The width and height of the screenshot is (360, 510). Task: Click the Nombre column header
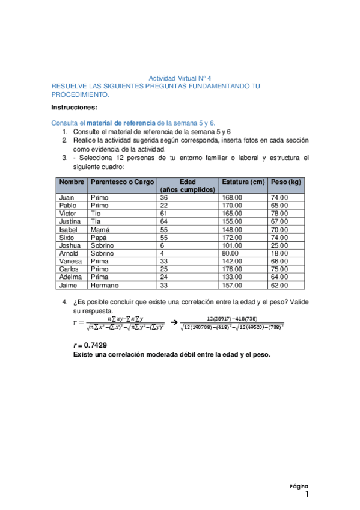pyautogui.click(x=72, y=182)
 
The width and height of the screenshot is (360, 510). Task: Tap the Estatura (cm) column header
pyautogui.click(x=243, y=182)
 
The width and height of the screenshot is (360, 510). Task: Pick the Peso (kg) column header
pyautogui.click(x=286, y=182)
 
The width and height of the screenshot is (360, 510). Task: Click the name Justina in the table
pyautogui.click(x=70, y=221)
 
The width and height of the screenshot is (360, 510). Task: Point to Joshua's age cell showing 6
pyautogui.click(x=162, y=245)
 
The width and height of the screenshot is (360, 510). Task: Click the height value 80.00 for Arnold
pyautogui.click(x=230, y=253)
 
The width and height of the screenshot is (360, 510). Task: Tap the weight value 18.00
pyautogui.click(x=279, y=253)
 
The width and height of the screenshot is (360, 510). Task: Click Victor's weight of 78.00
pyautogui.click(x=279, y=213)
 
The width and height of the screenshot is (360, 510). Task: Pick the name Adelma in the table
pyautogui.click(x=70, y=277)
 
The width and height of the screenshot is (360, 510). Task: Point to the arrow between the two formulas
pyautogui.click(x=174, y=324)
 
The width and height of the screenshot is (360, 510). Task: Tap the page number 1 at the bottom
pyautogui.click(x=307, y=495)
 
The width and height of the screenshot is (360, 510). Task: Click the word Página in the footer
pyautogui.click(x=299, y=485)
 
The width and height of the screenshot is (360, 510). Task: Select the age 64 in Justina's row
pyautogui.click(x=163, y=221)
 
